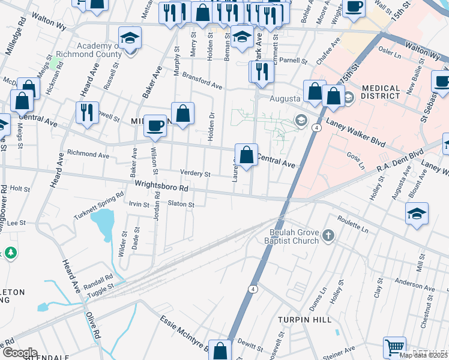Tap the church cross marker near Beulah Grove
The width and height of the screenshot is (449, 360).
pyautogui.click(x=328, y=236)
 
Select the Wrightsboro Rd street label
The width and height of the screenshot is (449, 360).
pyautogui.click(x=161, y=187)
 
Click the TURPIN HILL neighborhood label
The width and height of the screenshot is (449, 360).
pyautogui.click(x=305, y=320)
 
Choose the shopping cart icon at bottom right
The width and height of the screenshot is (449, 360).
pyautogui.click(x=394, y=347)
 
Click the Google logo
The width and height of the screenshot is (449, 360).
pyautogui.click(x=19, y=353)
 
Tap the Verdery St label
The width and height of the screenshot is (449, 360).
pyautogui.click(x=195, y=174)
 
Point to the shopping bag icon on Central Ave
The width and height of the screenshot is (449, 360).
pyautogui.click(x=246, y=155)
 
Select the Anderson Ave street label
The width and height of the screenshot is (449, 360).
pyautogui.click(x=415, y=285)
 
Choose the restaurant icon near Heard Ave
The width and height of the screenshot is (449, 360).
pyautogui.click(x=87, y=112)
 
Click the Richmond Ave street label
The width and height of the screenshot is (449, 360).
pyautogui.click(x=88, y=154)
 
